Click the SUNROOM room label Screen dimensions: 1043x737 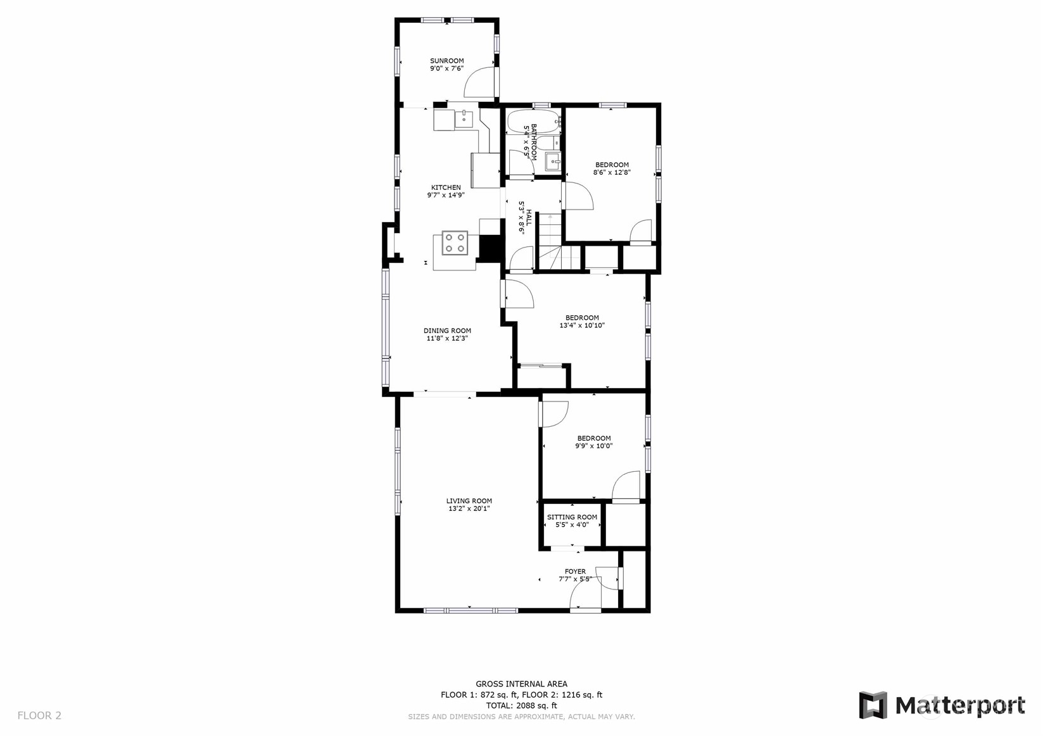click(x=446, y=61)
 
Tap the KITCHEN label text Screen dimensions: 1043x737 click(x=446, y=187)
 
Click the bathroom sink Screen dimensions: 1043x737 click(x=553, y=161)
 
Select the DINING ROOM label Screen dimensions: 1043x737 click(x=447, y=331)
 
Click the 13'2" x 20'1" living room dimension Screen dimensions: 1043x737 click(x=469, y=509)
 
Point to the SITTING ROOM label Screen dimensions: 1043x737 click(x=572, y=517)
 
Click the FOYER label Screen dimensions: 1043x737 click(x=575, y=571)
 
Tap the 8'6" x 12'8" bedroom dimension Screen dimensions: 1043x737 click(x=612, y=172)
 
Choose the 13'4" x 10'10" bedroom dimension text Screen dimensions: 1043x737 click(x=582, y=325)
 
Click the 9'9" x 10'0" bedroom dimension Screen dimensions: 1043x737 click(x=593, y=446)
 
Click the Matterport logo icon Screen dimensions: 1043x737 click(x=873, y=705)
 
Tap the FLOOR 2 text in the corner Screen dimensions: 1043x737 click(x=39, y=715)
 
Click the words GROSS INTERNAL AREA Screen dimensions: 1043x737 click(x=522, y=684)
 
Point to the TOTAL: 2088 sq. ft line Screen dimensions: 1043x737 click(x=522, y=705)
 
